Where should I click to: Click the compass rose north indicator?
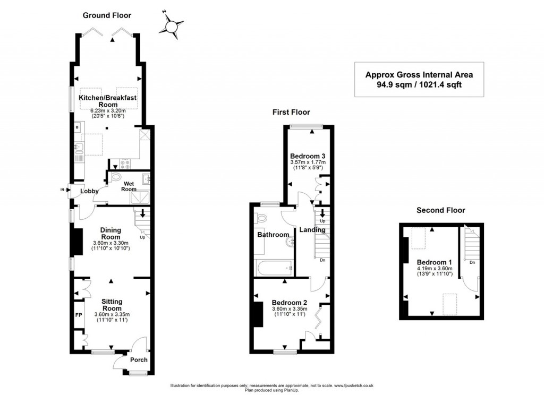172,25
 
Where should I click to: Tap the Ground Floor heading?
107,15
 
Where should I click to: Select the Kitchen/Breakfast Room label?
107,101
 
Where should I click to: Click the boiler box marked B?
77,127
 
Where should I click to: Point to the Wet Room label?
129,186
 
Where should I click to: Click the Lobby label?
89,191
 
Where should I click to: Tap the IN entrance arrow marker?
64,190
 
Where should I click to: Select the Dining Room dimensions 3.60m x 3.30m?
110,243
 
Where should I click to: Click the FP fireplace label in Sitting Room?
79,315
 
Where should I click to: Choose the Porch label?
139,360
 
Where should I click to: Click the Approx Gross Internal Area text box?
419,80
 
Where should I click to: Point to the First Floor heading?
291,112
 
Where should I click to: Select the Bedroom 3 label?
308,156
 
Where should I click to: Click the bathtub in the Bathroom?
275,268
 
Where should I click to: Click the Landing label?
312,229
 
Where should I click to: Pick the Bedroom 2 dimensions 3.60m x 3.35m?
290,309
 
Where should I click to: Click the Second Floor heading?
440,210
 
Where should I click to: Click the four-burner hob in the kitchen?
125,164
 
